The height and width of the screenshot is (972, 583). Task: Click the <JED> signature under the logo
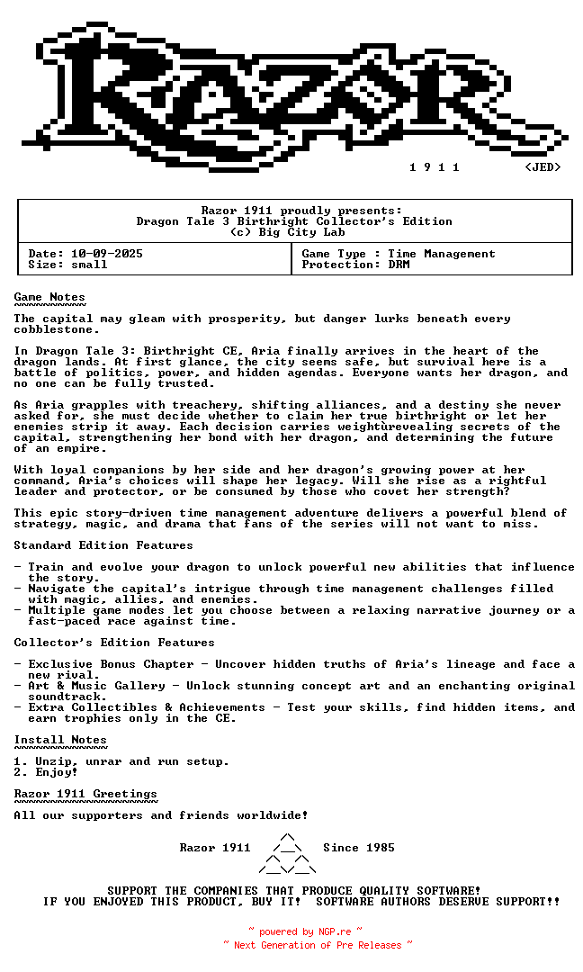tap(543, 167)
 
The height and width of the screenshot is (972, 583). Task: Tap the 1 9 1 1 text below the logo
tap(435, 167)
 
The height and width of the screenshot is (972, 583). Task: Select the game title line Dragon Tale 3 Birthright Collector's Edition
tap(294, 221)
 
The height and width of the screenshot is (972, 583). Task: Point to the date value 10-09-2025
tap(107, 254)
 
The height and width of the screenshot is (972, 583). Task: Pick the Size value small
tap(89, 265)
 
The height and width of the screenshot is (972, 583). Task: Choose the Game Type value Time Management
tap(442, 254)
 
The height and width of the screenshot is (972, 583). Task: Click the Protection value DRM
tap(399, 265)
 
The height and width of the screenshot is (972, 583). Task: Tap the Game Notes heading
tap(49, 297)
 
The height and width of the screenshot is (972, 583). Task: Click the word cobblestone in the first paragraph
tap(49, 329)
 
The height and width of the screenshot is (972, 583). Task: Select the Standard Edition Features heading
tap(103, 545)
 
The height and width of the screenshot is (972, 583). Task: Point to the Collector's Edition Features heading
tap(114, 643)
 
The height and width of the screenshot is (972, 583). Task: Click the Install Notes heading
tap(60, 740)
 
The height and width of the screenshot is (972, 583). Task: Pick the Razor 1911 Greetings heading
tap(85, 794)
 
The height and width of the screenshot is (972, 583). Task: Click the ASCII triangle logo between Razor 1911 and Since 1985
tap(287, 854)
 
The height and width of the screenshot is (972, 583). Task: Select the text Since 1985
tap(359, 848)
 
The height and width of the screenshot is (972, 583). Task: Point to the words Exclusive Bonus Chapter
tap(111, 664)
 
